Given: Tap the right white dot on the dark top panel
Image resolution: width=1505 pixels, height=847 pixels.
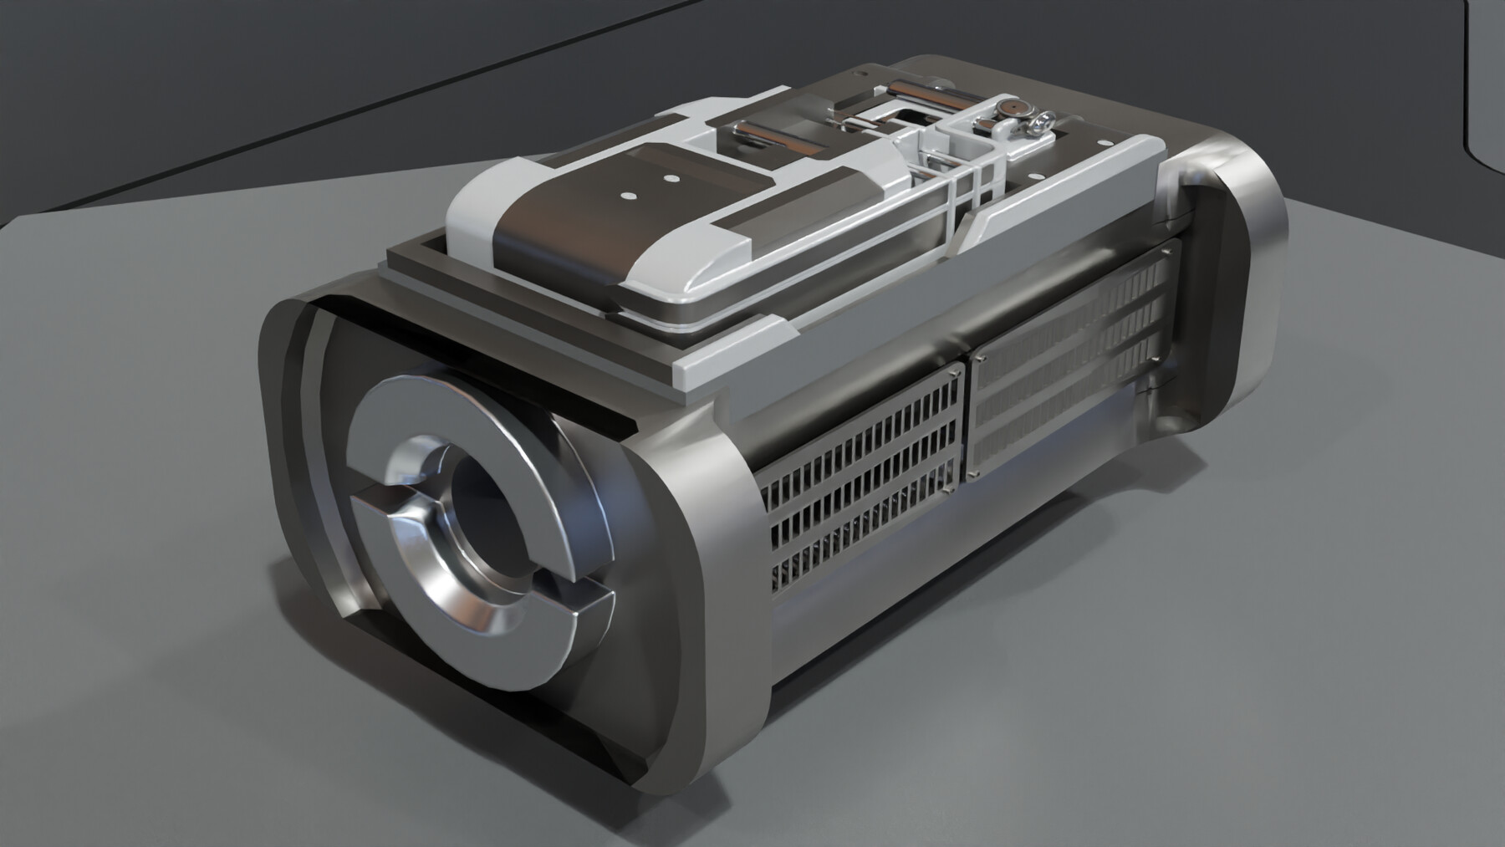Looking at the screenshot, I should coord(671,178).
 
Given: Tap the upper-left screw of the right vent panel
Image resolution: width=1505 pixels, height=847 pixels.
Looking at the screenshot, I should coord(981,358).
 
